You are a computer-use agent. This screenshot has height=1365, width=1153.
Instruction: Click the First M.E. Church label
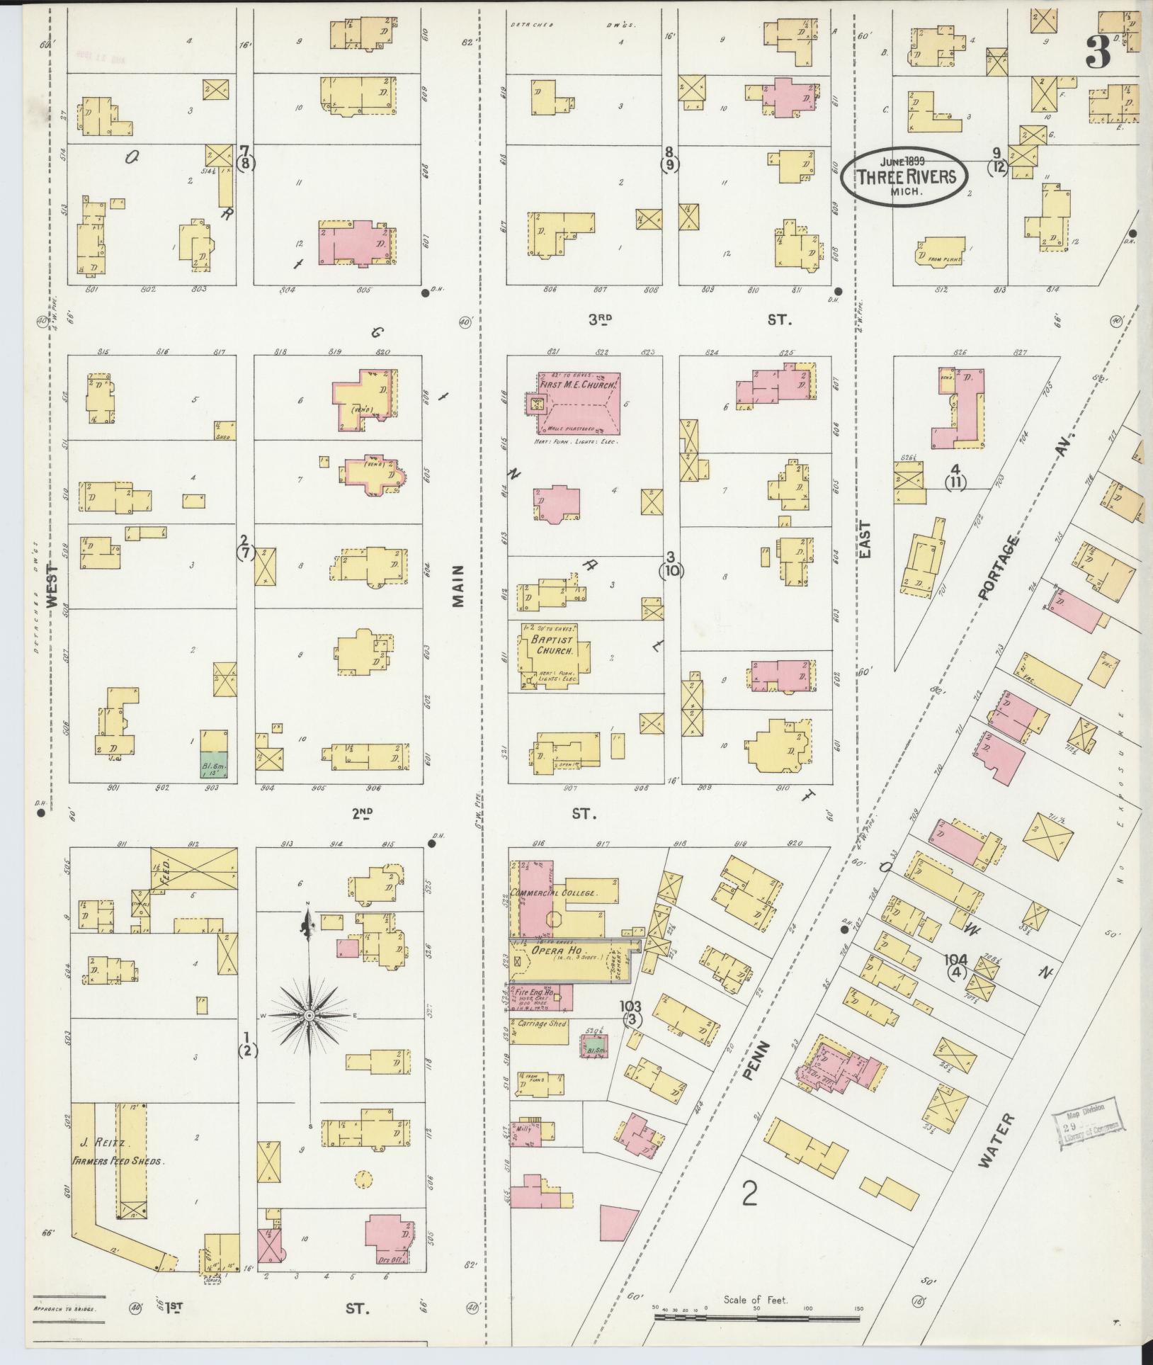coord(579,385)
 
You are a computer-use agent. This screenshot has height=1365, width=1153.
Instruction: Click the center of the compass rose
coord(309,1016)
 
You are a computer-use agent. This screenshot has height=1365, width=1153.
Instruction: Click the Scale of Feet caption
coord(756,1300)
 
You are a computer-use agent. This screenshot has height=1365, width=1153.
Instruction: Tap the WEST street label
coord(52,585)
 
